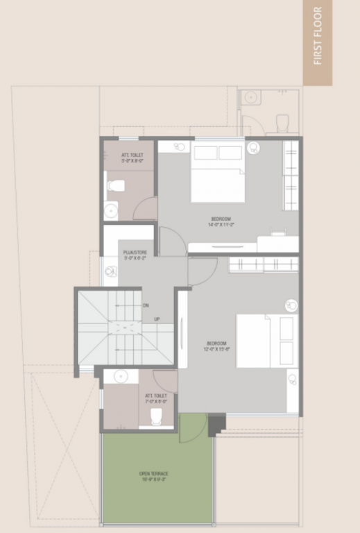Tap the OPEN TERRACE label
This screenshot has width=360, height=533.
pos(153,477)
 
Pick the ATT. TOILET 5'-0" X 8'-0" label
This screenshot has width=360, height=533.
pos(131,158)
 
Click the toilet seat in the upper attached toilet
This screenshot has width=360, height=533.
pos(116,185)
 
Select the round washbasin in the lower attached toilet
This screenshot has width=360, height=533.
pos(121,377)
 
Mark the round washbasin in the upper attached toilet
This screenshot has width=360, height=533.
pos(111,210)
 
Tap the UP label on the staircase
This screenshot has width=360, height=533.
pos(157,319)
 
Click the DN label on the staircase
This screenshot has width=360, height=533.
pos(146,305)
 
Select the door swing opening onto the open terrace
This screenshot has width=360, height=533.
pos(191,428)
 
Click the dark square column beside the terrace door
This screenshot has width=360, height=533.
pos(216,423)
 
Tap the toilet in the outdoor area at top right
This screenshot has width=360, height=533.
pos(283,123)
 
